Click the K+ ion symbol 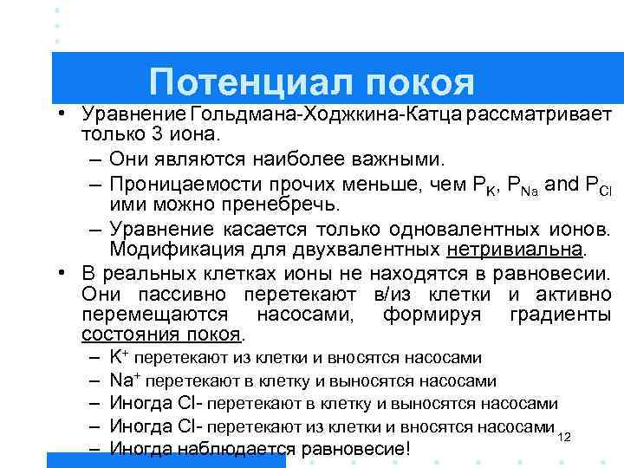(119, 357)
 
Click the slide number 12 (564, 437)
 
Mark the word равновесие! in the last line (353, 449)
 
